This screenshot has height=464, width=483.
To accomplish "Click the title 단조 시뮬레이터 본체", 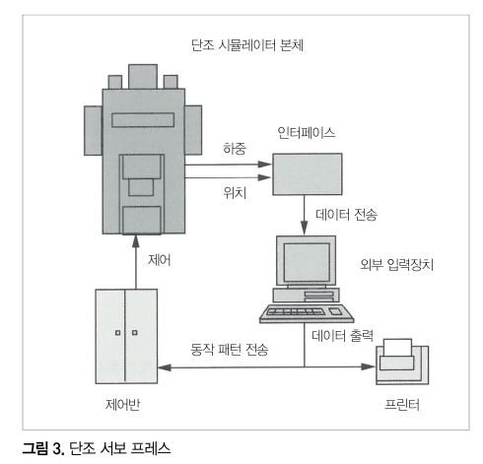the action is pyautogui.click(x=246, y=45).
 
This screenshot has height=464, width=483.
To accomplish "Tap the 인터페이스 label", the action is pyautogui.click(x=307, y=133).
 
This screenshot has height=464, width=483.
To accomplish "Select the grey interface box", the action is pyautogui.click(x=308, y=174).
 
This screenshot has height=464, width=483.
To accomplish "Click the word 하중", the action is pyautogui.click(x=235, y=149).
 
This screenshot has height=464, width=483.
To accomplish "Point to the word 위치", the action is pyautogui.click(x=235, y=193).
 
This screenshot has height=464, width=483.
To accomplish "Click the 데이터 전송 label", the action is pyautogui.click(x=346, y=215).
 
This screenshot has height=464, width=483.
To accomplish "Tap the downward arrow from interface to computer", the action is pyautogui.click(x=305, y=215).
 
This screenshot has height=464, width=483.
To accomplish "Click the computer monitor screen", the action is pyautogui.click(x=307, y=262).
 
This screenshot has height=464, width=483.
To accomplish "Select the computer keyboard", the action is pyautogui.click(x=307, y=313).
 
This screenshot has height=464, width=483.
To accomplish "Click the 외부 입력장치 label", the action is pyautogui.click(x=396, y=264).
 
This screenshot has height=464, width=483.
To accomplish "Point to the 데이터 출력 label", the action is pyautogui.click(x=342, y=336).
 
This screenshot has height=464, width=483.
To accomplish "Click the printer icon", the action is pyautogui.click(x=402, y=362).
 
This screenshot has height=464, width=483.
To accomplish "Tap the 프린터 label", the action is pyautogui.click(x=402, y=405).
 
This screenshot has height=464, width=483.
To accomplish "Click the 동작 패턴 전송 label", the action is pyautogui.click(x=230, y=350).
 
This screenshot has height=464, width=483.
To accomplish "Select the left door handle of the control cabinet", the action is pyautogui.click(x=117, y=333).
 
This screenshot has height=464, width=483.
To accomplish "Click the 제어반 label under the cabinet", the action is pyautogui.click(x=123, y=405).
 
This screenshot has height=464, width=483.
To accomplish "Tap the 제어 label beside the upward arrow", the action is pyautogui.click(x=160, y=260).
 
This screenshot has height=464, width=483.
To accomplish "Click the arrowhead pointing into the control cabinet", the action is pyautogui.click(x=165, y=367).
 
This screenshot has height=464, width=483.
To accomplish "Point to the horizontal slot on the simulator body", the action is pyautogui.click(x=143, y=120).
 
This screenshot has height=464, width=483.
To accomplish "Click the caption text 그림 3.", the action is pyautogui.click(x=43, y=448).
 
